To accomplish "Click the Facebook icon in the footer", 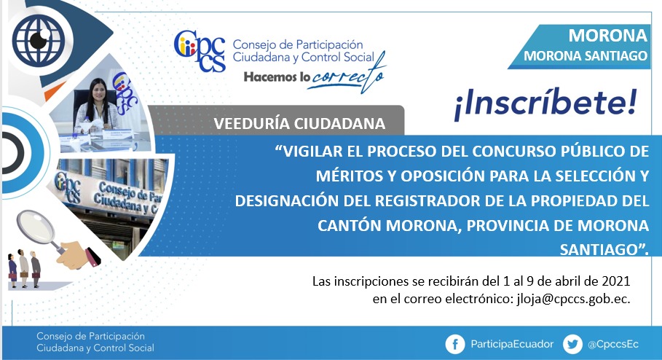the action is coord(455,345).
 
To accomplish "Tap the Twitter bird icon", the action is coord(572,345).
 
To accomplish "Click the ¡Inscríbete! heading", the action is coord(545,104).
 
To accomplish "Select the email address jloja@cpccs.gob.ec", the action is coord(573,300).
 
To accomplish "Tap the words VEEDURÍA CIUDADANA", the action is coord(299,123).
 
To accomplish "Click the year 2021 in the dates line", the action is coord(616,281).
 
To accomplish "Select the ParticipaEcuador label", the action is coord(512,345).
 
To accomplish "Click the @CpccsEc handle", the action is coord(613,345).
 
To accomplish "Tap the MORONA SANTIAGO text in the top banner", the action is coord(585,56).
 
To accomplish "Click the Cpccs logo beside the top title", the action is coord(200,51).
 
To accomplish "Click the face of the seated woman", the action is coord(98,91).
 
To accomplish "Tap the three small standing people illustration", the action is coord(24,269).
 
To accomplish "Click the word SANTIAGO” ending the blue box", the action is coord(603,250).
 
